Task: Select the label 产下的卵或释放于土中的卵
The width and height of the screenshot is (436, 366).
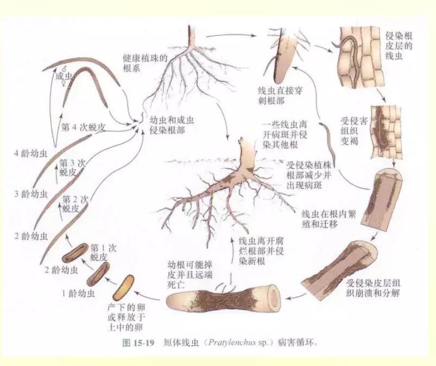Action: pos(126,315)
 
